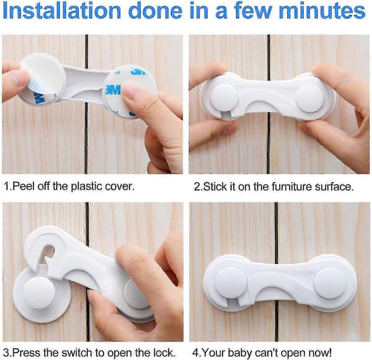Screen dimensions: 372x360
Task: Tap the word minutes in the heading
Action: click(x=322, y=11)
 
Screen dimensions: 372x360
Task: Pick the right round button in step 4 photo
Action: click(x=330, y=282)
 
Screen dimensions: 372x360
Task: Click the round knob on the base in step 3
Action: click(x=40, y=293)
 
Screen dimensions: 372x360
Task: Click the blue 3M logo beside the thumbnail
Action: click(x=112, y=90)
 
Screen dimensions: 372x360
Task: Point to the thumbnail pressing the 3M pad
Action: click(x=132, y=91)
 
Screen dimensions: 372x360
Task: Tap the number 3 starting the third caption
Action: click(x=6, y=353)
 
